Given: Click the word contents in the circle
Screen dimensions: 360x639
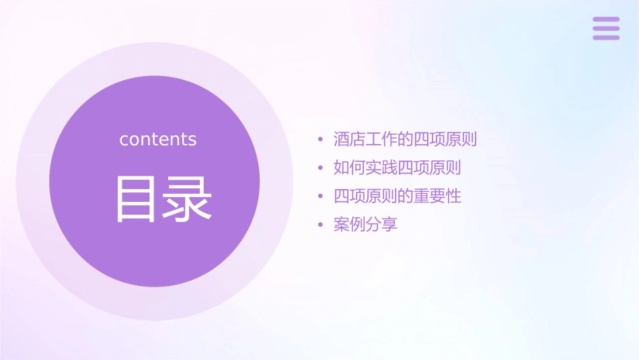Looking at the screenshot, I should [158, 139].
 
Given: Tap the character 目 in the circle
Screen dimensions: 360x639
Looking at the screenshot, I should [137, 199].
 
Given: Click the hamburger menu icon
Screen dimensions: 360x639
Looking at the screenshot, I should [606, 28].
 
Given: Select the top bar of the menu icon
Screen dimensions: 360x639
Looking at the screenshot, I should [606, 20].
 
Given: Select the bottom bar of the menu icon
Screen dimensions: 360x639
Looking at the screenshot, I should [606, 38].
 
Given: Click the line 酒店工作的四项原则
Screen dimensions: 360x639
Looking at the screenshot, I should [405, 140].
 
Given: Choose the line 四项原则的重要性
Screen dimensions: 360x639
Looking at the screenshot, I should [397, 196].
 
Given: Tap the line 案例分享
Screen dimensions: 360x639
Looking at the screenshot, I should [365, 225].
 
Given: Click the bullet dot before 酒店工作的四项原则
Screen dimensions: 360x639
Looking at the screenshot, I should [320, 141].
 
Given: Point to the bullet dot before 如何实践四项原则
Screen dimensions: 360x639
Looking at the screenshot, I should [320, 168].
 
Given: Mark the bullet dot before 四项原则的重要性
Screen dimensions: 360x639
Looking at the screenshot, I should [320, 197].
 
